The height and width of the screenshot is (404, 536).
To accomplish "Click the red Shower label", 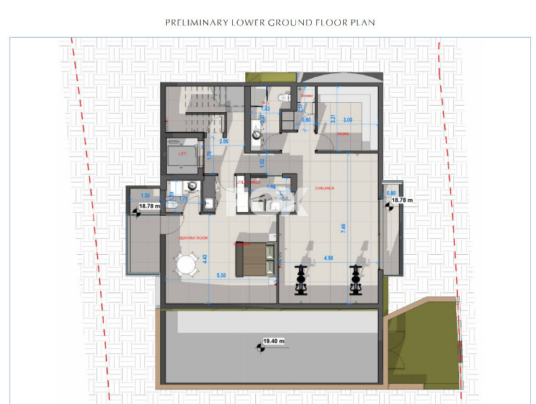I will point(307,96).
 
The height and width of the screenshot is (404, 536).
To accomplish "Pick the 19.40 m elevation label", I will point(274,340).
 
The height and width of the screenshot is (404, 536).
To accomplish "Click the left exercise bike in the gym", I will point(300,279).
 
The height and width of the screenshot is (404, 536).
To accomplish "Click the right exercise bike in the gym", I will point(355,279).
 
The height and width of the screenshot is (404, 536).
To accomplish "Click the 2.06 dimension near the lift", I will point(204,143).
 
